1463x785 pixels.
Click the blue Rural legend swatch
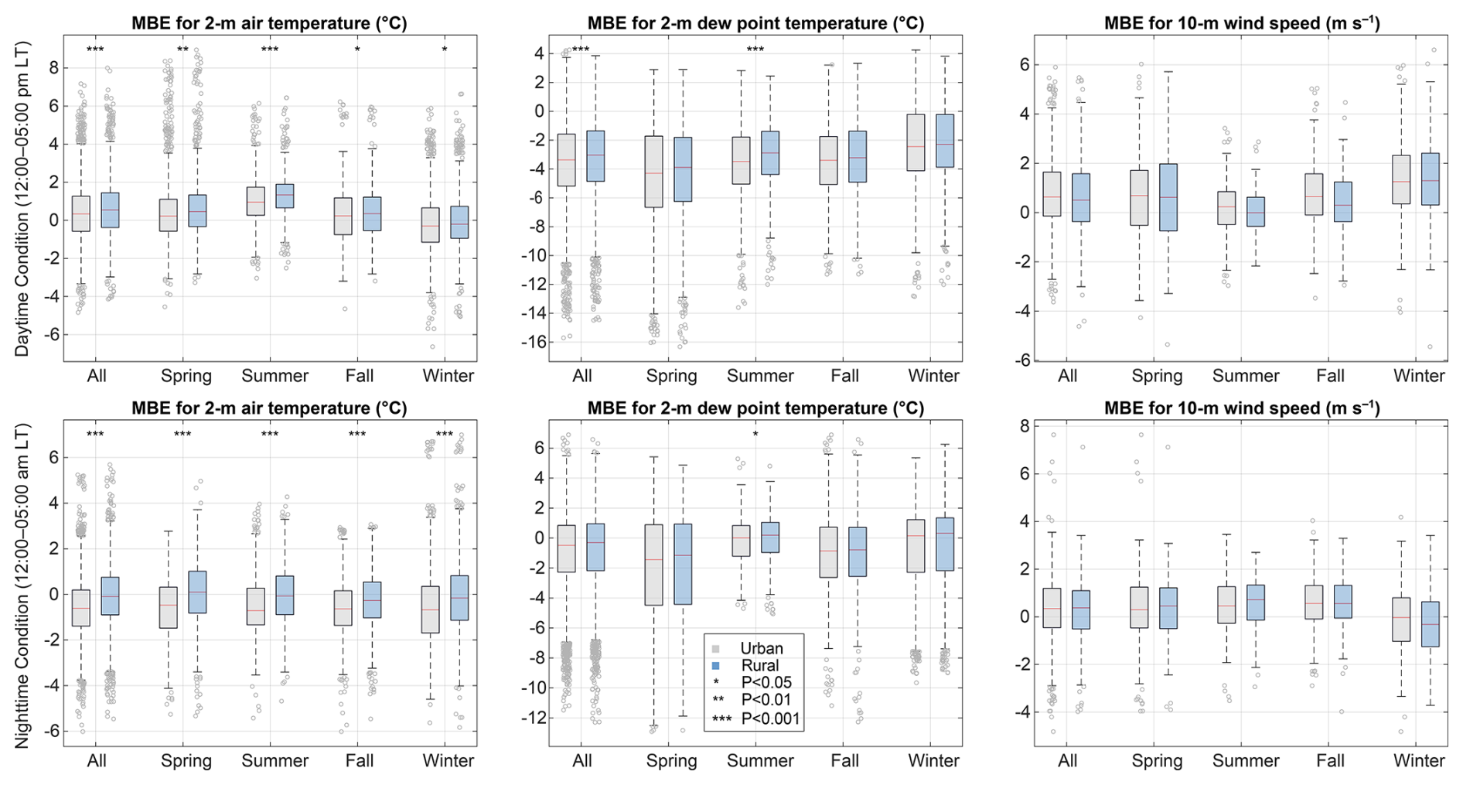coord(716,666)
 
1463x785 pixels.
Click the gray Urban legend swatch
coord(716,649)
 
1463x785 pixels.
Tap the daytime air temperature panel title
coord(269,23)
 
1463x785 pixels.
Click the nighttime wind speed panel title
coord(1242,408)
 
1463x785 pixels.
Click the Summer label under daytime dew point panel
coord(760,376)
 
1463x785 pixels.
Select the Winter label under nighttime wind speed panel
coord(1419,761)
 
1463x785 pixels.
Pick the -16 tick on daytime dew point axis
coord(532,342)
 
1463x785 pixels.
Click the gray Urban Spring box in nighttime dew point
coord(654,565)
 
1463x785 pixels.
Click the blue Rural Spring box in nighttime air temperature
coord(197,592)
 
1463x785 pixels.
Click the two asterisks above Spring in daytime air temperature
coord(182,50)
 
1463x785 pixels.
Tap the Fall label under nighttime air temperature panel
coord(359,761)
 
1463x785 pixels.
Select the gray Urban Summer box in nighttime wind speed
coord(1226,605)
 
